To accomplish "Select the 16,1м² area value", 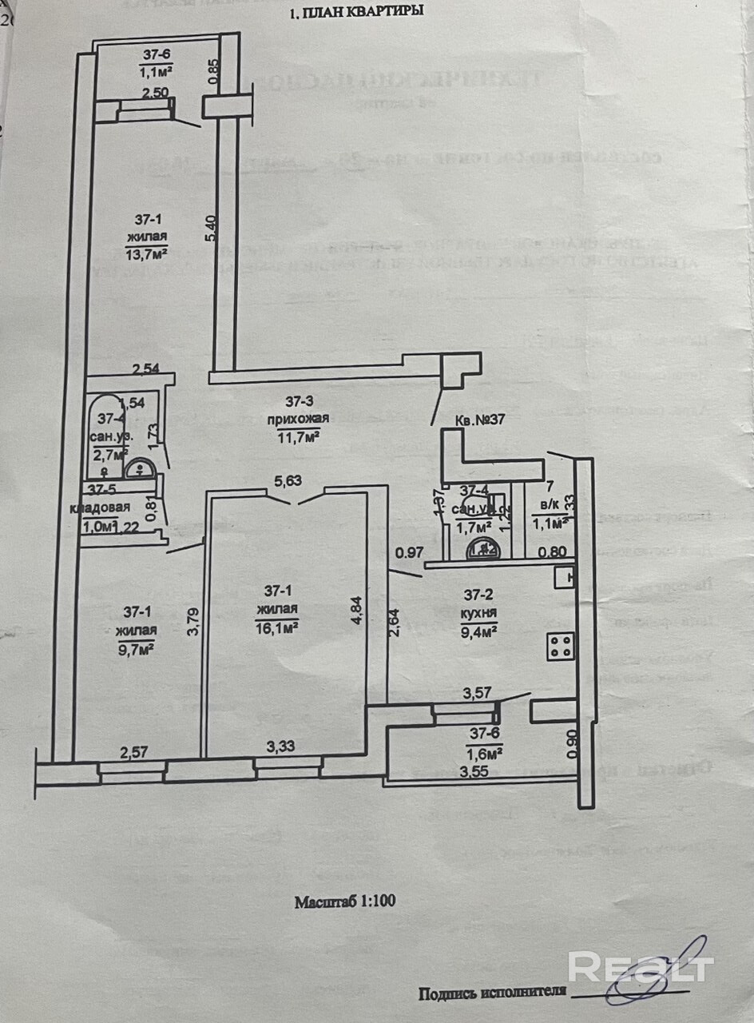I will pos(277,628).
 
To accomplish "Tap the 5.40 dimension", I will pos(211,229).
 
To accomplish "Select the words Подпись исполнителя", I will pos(492,993).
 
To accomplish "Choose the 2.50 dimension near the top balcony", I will pos(156,94).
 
